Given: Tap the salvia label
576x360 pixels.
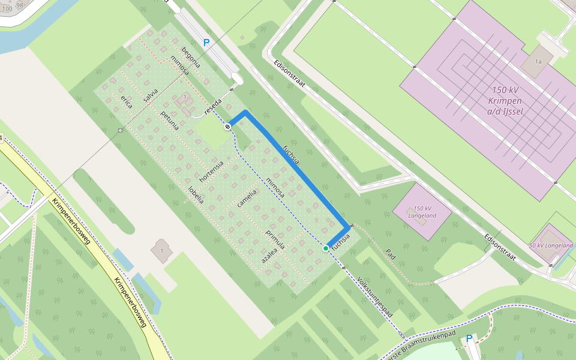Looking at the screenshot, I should click(151, 95).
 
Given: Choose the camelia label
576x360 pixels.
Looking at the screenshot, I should click(247, 198).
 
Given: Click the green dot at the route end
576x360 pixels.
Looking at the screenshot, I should click(326, 248).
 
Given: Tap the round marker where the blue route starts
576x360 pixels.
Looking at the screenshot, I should click(228, 127).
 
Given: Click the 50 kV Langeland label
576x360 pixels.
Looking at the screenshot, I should click(551, 245).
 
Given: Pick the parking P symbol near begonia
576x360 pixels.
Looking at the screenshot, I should click(206, 43).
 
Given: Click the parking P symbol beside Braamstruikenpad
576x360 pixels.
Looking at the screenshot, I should click(469, 338).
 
